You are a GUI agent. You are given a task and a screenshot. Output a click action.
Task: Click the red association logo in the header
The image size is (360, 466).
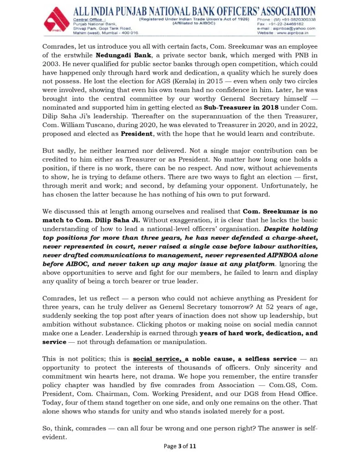pyautogui.click(x=56, y=20)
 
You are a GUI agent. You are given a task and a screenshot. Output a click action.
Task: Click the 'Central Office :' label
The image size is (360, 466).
pyautogui.click(x=89, y=20)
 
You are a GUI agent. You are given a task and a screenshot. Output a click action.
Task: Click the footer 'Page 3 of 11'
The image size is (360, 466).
pyautogui.click(x=180, y=446)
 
